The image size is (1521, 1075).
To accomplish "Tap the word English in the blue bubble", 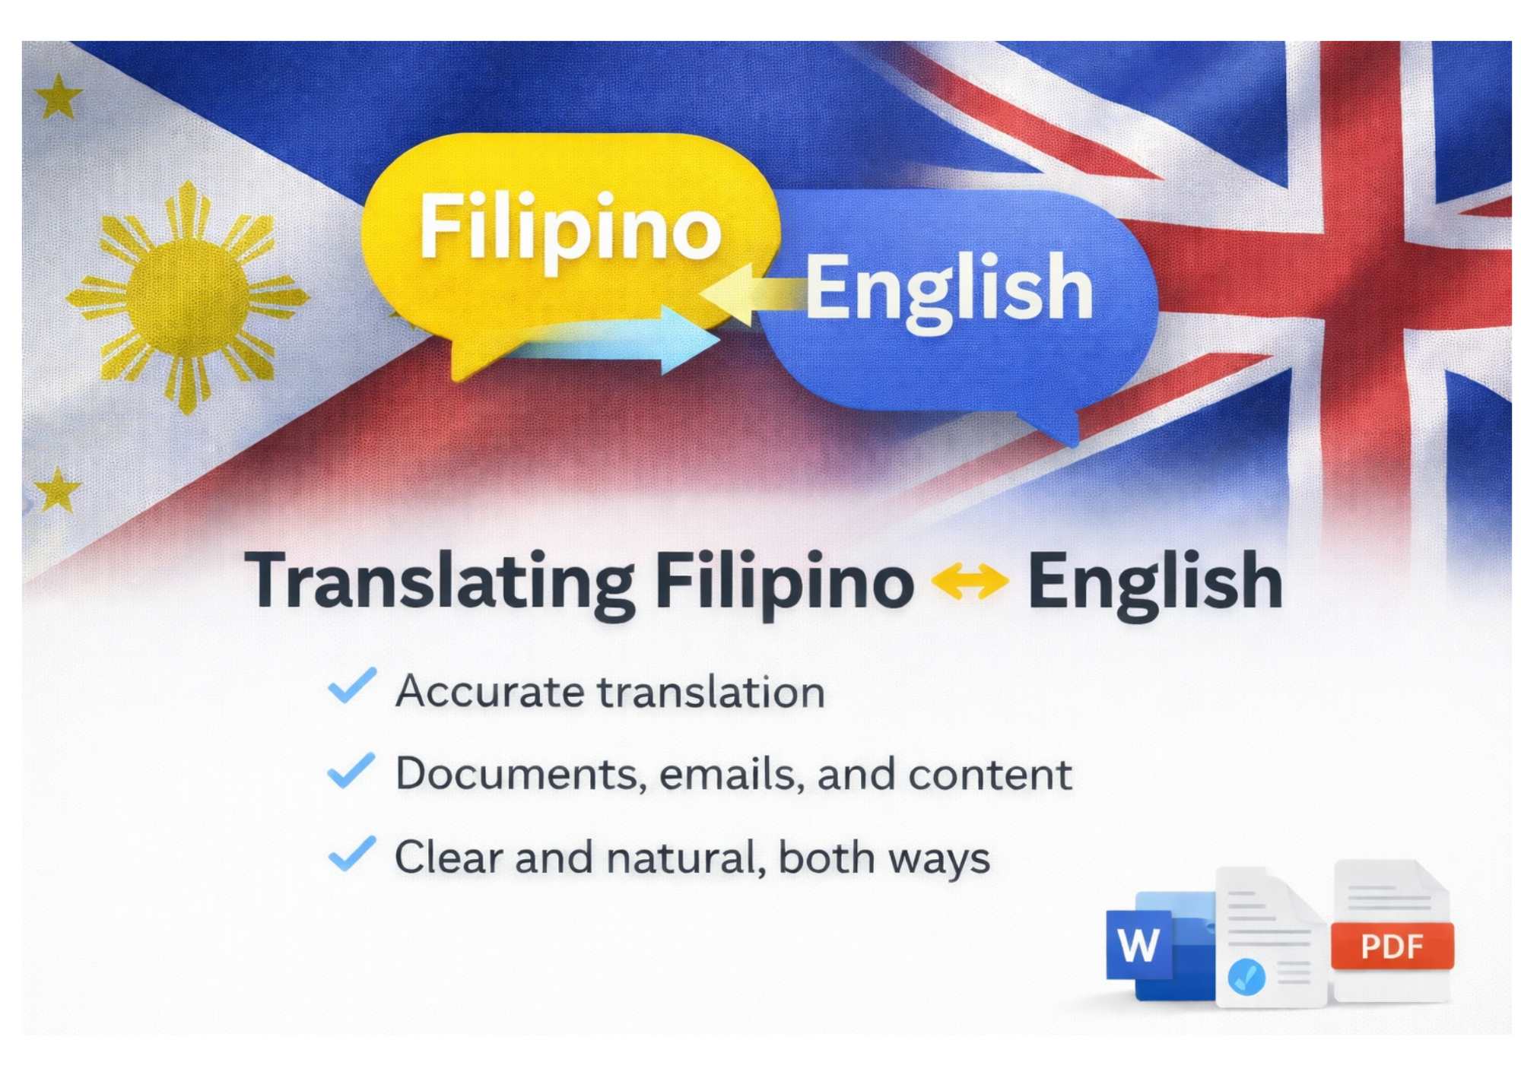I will pyautogui.click(x=948, y=289).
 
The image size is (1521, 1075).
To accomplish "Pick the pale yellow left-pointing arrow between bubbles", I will pyautogui.click(x=749, y=295).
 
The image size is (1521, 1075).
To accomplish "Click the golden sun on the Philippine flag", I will pyautogui.click(x=187, y=297).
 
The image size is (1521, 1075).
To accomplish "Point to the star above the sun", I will pyautogui.click(x=59, y=97).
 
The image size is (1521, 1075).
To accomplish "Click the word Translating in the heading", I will pyautogui.click(x=440, y=583).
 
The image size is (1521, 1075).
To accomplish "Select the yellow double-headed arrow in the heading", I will pyautogui.click(x=970, y=582).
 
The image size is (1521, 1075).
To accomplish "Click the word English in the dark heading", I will pyautogui.click(x=1154, y=583).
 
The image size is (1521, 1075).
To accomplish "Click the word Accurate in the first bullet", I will pyautogui.click(x=490, y=692).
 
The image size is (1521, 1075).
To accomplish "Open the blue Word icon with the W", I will pyautogui.click(x=1138, y=945).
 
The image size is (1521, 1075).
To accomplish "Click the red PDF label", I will pyautogui.click(x=1392, y=947).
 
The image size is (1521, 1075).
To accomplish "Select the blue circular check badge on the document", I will pyautogui.click(x=1246, y=976).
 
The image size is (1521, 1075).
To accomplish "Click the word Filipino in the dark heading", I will pyautogui.click(x=783, y=583).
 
